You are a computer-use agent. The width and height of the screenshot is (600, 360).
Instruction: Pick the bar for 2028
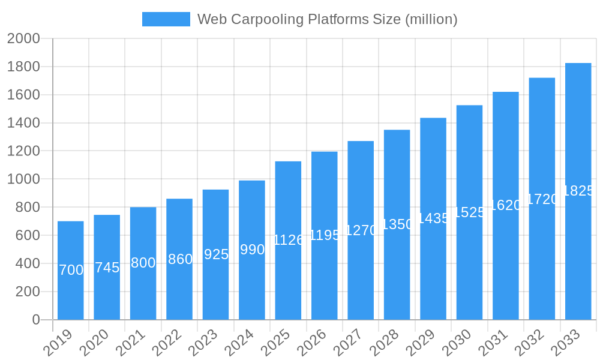pos(397,270)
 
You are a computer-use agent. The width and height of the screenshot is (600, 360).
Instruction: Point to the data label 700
pos(71,270)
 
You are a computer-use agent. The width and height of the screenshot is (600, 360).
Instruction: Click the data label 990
pos(252,250)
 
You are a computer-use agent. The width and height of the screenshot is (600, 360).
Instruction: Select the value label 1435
pos(433,218)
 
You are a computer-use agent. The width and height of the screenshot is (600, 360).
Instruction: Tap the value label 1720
pos(542,199)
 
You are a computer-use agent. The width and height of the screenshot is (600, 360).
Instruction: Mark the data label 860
pos(180,259)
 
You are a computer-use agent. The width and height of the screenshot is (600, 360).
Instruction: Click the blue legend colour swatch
pos(166,19)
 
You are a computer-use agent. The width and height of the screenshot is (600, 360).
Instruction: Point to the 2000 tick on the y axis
pos(23,38)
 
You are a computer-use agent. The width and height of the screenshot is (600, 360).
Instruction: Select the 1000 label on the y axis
pos(23,179)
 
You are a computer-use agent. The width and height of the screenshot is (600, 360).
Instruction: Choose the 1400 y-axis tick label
pos(23,123)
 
